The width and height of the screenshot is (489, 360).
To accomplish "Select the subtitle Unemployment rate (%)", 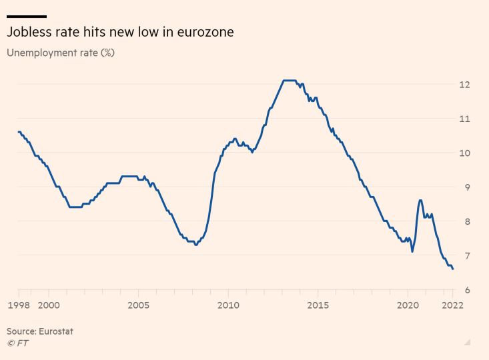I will coord(61,53).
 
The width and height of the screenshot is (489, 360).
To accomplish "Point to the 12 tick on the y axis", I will coord(464,85).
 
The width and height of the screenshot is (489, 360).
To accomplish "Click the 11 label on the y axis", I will coord(464,119).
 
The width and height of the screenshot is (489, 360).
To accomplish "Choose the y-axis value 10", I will coord(464,153).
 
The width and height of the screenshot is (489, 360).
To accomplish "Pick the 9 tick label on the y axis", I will coord(467,187).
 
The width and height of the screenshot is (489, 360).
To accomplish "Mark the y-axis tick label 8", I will coord(467,221).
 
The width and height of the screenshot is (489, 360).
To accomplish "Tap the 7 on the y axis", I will coord(467,256).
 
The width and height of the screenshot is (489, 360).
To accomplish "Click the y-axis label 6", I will coord(467,290).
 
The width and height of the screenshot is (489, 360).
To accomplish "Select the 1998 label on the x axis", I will coord(18,305).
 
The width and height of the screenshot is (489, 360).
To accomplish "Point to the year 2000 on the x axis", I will coord(49,305).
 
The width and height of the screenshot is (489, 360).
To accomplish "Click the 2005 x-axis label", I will coord(138,305).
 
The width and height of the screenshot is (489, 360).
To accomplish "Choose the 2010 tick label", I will coord(228,305).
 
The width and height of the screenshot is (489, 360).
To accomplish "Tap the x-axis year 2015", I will coord(318,305).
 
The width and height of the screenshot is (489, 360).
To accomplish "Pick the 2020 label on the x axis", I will coord(408,305).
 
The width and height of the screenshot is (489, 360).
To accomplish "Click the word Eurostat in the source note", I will coord(56,331).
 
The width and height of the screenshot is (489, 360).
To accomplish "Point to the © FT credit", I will coord(17,343).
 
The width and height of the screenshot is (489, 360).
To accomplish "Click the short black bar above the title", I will coord(27,16).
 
